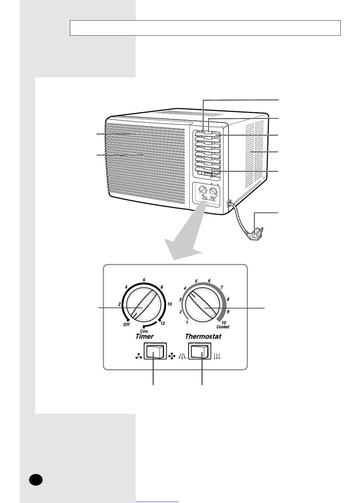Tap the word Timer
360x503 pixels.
click(144, 336)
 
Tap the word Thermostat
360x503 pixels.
click(203, 336)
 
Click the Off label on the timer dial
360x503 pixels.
click(126, 324)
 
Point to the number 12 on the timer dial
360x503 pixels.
click(163, 323)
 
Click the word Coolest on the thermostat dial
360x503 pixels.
click(223, 327)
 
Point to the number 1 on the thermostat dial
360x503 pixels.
click(187, 322)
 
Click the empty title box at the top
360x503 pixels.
click(205, 28)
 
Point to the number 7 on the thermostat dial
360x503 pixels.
click(222, 287)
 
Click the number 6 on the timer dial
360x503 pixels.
click(144, 280)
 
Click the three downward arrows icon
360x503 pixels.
click(217, 357)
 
